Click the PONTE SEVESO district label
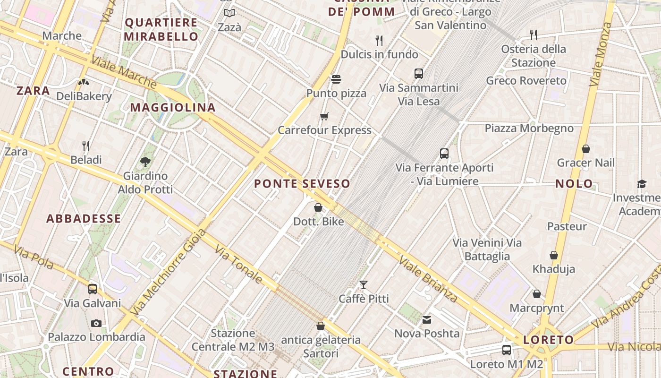tap(302, 184)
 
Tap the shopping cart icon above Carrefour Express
tap(324, 116)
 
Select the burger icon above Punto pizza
tap(336, 79)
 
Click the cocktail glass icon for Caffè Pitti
tap(364, 284)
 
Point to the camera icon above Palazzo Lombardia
tap(96, 323)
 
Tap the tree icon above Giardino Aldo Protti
tap(145, 162)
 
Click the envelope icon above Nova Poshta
tap(427, 320)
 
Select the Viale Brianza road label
tap(428, 279)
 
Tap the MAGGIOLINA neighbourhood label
tap(173, 108)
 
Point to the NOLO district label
tap(574, 184)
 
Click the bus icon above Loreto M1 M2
tap(507, 350)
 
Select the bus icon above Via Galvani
tap(93, 289)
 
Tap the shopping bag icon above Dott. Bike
tap(318, 207)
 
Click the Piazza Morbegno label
tap(529, 129)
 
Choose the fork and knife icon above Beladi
tap(86, 146)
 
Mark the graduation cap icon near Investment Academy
tap(642, 184)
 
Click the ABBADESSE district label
tap(84, 219)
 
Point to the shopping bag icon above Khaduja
tap(554, 255)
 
